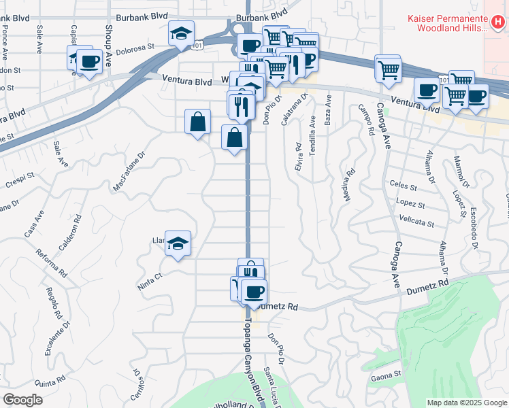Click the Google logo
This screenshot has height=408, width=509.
pyautogui.click(x=22, y=400)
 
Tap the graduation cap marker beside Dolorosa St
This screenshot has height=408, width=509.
pyautogui.click(x=182, y=34)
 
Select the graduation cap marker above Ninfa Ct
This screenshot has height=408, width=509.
pyautogui.click(x=178, y=244)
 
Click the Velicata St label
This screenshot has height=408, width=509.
pyautogui.click(x=416, y=223)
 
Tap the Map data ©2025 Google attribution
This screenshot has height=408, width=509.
pyautogui.click(x=467, y=403)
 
